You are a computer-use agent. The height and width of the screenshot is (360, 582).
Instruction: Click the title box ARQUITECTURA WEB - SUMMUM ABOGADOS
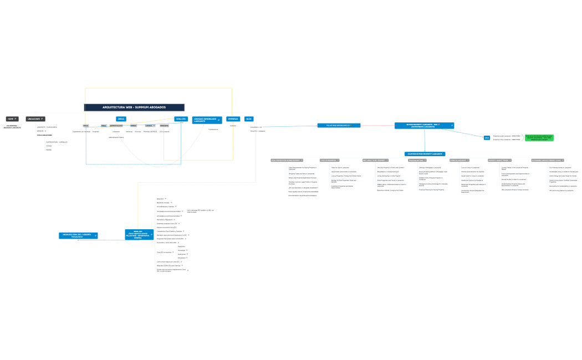[x=134, y=107]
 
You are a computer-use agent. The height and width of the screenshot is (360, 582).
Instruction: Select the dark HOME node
[x=12, y=119]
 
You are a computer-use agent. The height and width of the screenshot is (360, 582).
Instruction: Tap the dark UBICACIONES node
[x=35, y=119]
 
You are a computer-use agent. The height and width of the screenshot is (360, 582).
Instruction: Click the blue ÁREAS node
[x=121, y=119]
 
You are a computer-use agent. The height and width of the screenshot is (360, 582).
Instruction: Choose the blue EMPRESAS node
[x=233, y=119]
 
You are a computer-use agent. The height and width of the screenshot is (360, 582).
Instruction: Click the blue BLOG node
[x=249, y=119]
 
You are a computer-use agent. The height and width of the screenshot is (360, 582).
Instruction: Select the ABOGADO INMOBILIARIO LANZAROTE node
[x=207, y=120]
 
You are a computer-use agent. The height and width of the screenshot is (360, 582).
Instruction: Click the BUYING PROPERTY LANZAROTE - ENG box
[x=424, y=126]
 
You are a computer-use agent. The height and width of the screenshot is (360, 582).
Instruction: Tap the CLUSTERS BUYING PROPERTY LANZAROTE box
[x=425, y=153]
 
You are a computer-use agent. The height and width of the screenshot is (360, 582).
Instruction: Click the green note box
[x=539, y=137]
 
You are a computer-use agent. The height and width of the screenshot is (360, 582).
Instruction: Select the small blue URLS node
[x=487, y=137]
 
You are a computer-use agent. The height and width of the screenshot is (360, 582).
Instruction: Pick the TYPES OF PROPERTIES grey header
[x=329, y=160]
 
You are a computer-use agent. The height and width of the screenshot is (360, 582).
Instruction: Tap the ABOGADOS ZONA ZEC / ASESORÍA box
[x=78, y=235]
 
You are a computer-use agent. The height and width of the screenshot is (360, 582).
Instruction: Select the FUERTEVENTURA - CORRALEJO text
[x=57, y=142]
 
